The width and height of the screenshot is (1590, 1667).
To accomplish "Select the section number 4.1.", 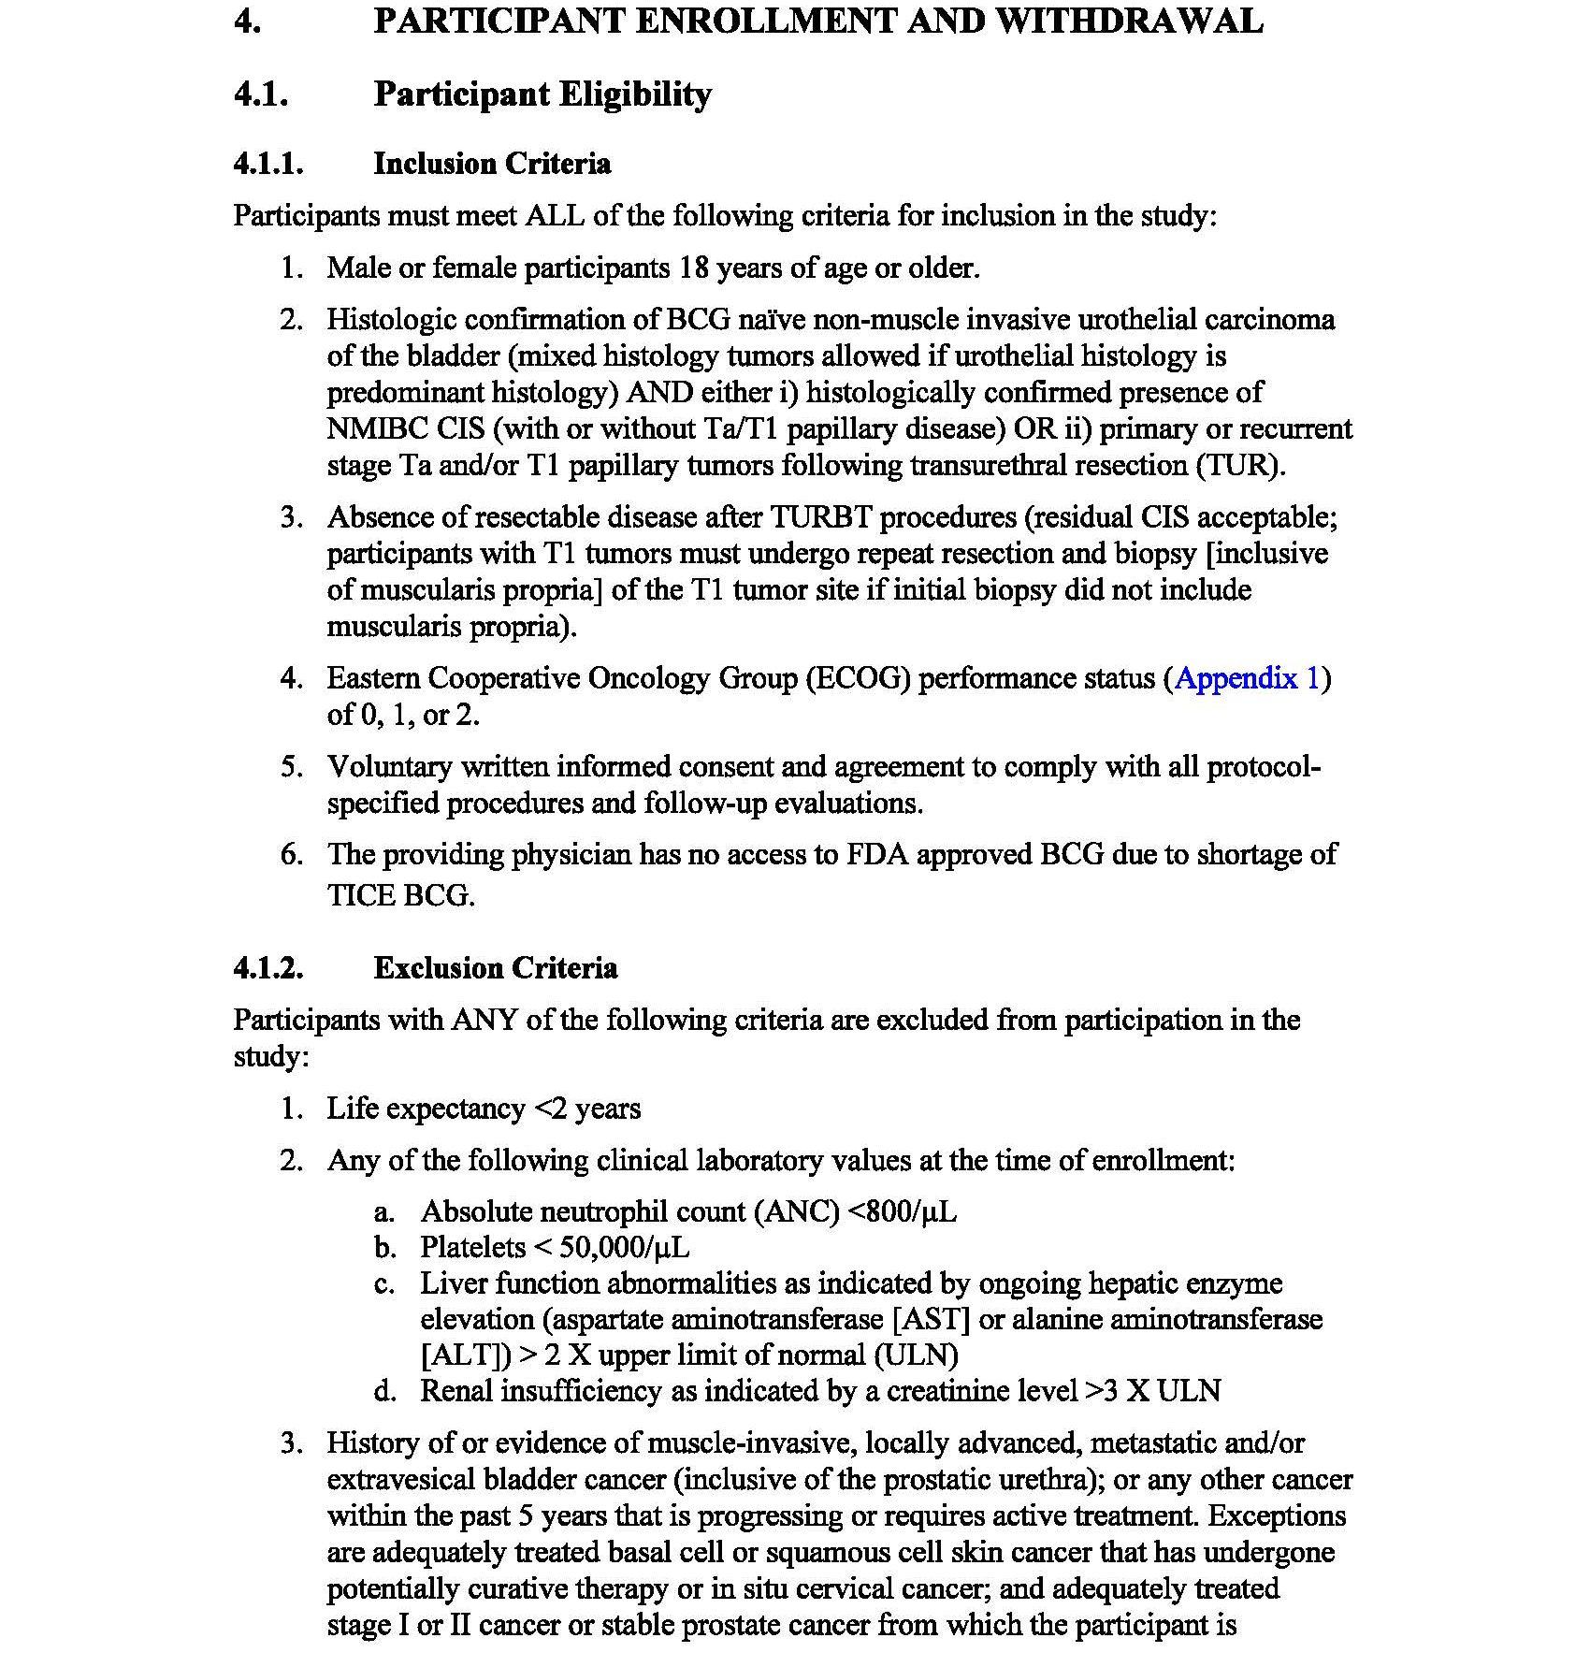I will click(x=261, y=94).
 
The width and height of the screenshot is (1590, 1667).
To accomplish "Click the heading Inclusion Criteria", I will click(x=492, y=164).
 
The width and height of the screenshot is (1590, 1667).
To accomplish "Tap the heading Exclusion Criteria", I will click(x=495, y=967).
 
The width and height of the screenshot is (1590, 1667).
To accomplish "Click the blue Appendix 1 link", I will click(x=1247, y=678).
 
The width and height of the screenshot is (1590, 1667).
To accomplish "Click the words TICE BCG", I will click(x=400, y=895).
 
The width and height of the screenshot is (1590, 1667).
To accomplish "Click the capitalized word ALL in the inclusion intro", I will click(x=555, y=216).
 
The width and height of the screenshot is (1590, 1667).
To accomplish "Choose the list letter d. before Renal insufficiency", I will click(x=384, y=1391).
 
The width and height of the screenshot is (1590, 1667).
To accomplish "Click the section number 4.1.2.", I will click(x=268, y=967).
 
